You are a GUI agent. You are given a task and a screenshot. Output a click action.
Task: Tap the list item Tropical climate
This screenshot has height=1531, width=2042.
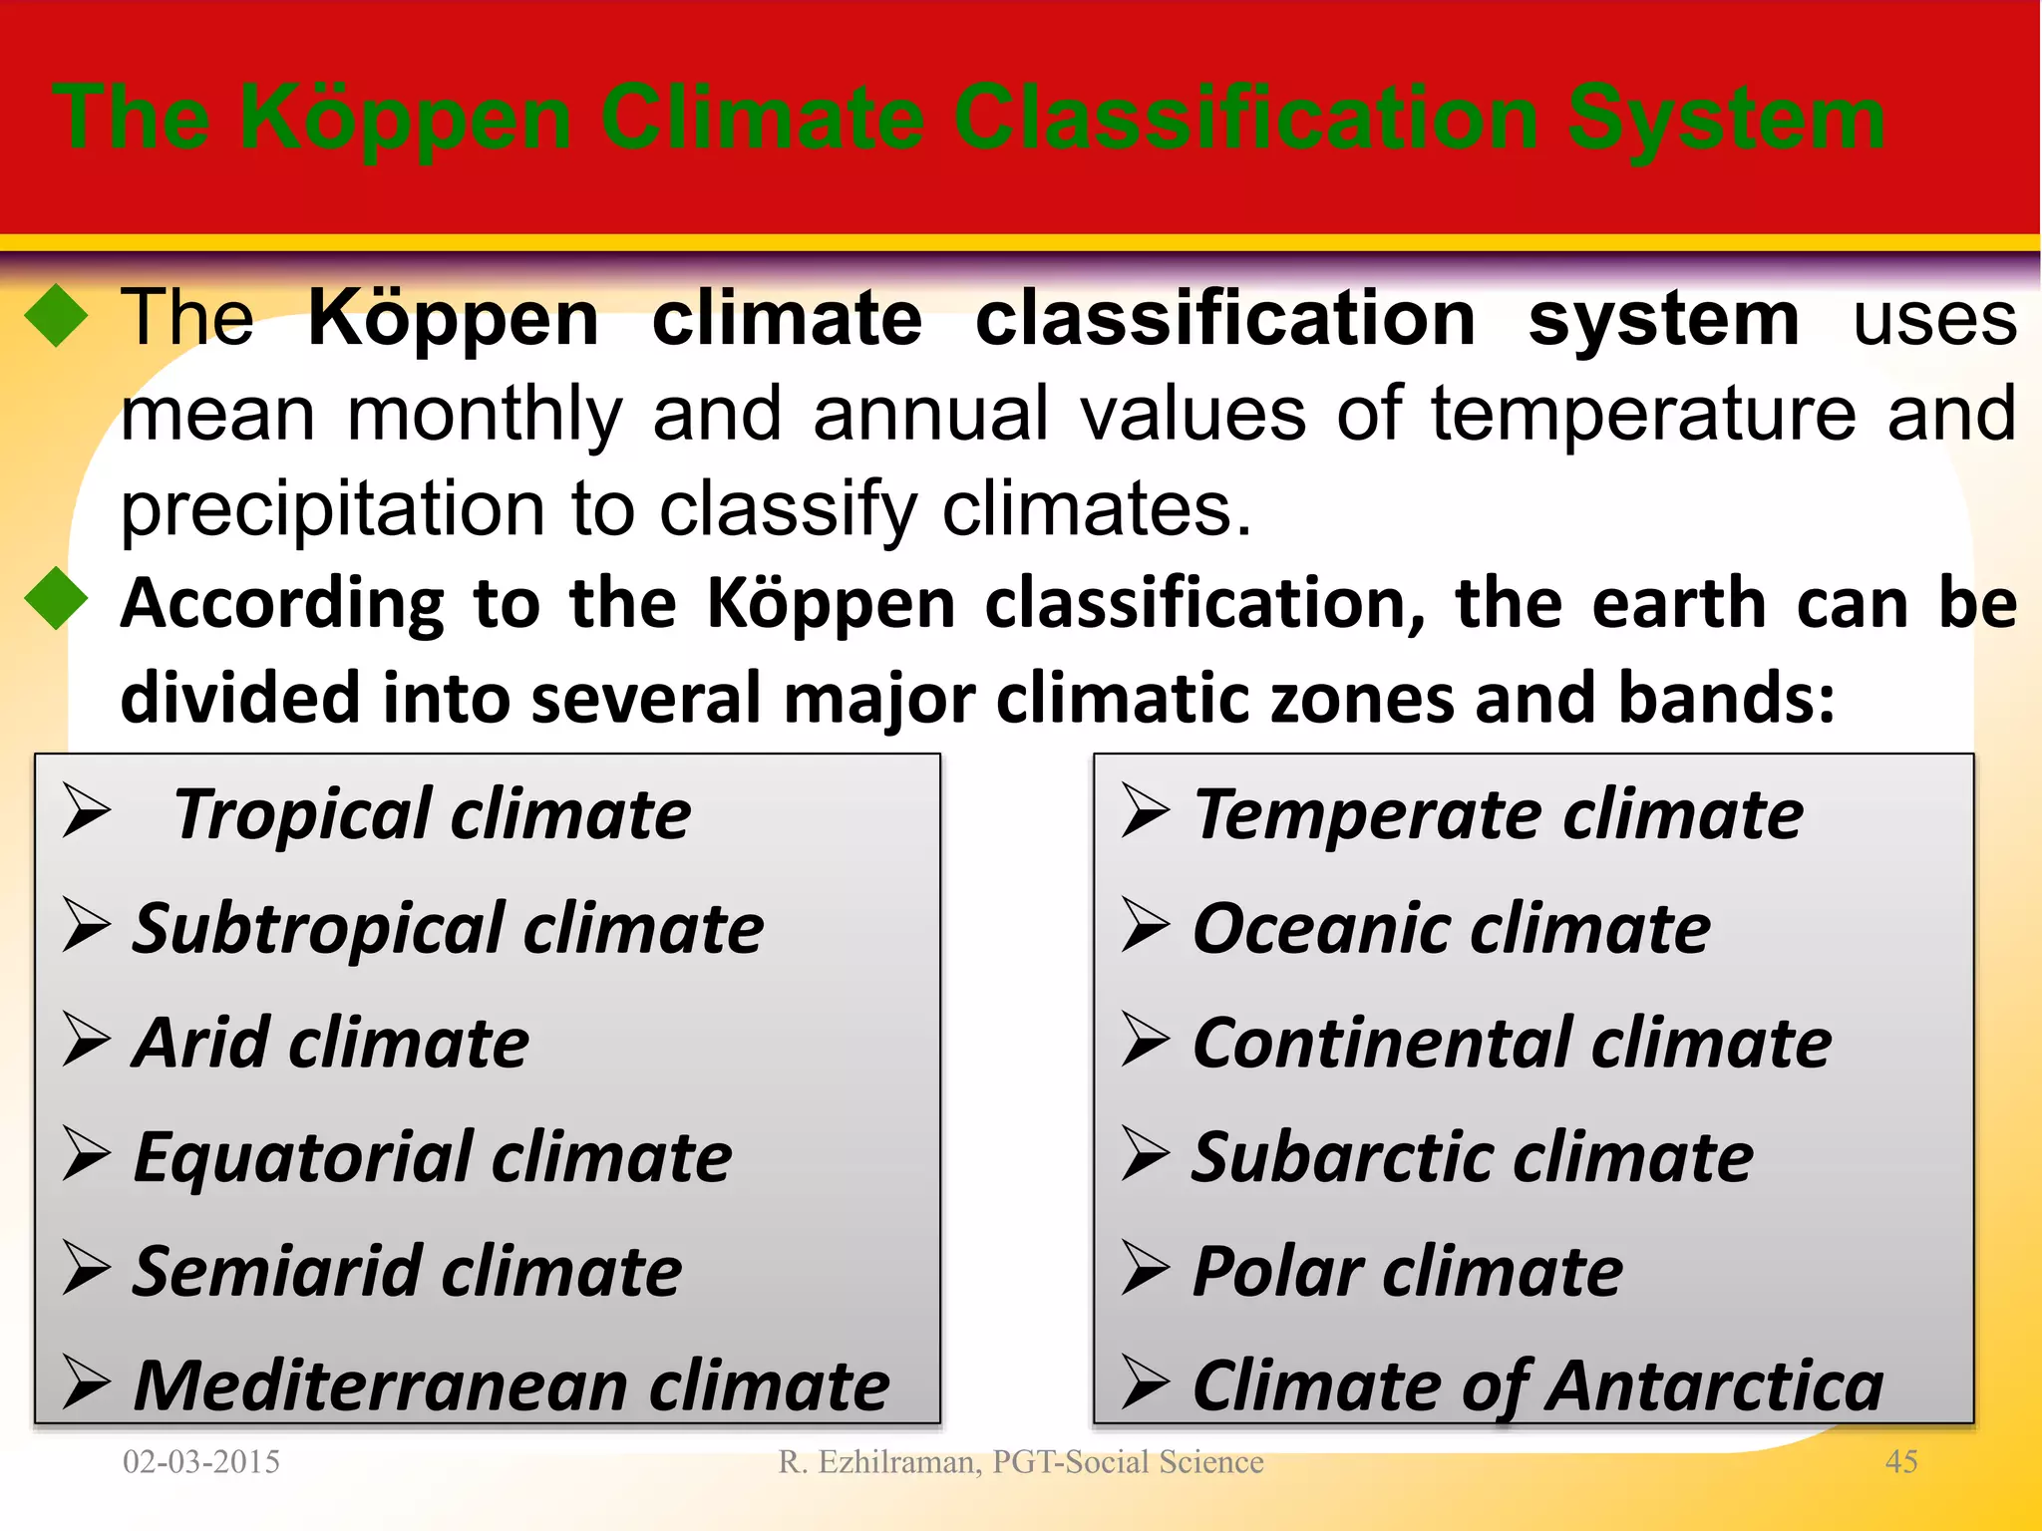point(431,814)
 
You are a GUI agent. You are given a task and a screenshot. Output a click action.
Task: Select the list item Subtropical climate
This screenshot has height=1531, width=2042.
point(448,929)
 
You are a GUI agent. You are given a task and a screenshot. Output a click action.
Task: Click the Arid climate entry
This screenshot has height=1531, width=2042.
point(330,1044)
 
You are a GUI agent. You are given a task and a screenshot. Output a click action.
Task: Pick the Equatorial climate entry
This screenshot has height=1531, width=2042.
point(432,1158)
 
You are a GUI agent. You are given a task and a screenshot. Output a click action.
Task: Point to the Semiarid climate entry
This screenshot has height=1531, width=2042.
point(407,1273)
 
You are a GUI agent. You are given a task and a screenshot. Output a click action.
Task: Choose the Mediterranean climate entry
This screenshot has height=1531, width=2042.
point(510,1386)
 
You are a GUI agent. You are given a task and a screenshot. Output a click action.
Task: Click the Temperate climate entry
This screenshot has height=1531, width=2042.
point(1498,814)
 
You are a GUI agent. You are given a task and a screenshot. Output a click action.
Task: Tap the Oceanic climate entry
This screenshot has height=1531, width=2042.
point(1451,929)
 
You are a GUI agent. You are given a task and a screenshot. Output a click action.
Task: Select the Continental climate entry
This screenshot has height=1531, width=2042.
point(1512,1044)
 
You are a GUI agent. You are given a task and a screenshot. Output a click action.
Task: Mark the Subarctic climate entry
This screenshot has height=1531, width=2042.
point(1472,1158)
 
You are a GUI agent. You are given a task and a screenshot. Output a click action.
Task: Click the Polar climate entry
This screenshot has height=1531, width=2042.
point(1407,1273)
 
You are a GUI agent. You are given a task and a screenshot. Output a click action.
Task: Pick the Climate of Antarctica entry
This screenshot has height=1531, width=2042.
point(1537,1386)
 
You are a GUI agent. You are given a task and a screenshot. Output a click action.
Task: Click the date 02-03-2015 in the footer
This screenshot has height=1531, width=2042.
point(201,1462)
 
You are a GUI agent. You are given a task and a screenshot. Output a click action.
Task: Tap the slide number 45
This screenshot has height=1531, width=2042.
point(1900,1462)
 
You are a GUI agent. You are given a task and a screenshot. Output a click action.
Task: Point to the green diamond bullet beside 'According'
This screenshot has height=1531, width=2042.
point(57,599)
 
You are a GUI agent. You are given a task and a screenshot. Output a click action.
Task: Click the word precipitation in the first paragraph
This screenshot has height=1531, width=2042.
point(331,508)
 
